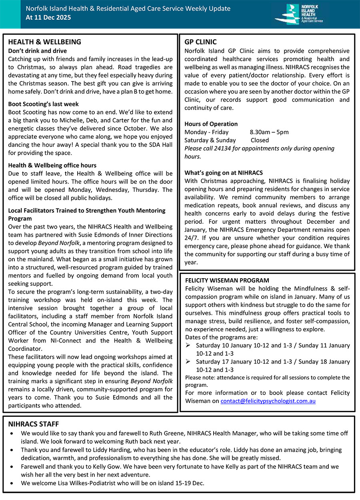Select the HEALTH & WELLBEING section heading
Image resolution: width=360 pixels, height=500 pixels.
44,42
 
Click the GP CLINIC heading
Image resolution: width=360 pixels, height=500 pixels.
200,42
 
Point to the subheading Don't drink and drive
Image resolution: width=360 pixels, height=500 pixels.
37,51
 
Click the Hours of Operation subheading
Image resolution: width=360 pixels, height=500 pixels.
211,124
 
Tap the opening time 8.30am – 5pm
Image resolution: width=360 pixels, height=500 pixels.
269,132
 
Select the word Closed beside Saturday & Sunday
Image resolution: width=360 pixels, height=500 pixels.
260,140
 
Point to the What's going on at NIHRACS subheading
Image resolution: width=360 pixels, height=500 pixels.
223,173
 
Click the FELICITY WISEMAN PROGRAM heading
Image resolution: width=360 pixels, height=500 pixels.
227,281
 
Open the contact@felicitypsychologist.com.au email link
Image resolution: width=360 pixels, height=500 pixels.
268,401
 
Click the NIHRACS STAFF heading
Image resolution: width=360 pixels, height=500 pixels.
34,424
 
